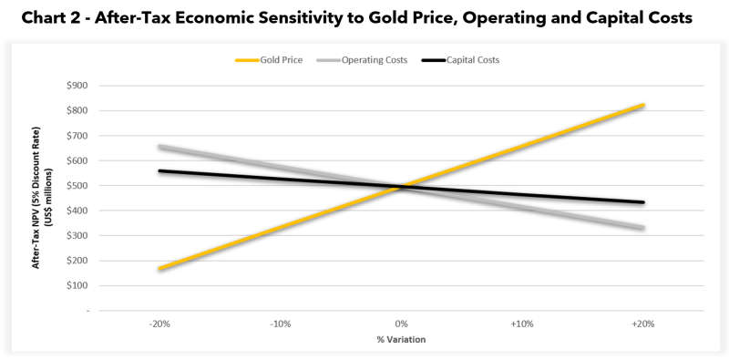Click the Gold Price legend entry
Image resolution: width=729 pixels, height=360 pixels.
coord(269,60)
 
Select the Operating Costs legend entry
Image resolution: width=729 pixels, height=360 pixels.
coord(362,60)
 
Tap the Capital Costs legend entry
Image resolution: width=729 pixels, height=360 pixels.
coord(460,60)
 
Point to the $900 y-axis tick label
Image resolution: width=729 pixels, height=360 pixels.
coord(78,86)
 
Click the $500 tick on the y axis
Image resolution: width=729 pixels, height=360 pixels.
coord(78,186)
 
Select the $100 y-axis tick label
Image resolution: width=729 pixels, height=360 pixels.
coord(78,285)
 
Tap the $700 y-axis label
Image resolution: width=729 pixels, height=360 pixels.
coord(78,136)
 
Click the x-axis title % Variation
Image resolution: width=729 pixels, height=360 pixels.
coord(401,340)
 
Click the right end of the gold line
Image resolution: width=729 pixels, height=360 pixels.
coord(643,105)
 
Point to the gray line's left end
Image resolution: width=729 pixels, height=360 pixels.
coord(160,147)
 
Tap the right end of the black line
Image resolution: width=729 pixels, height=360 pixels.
coord(643,202)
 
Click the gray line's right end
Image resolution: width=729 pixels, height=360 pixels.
coord(643,228)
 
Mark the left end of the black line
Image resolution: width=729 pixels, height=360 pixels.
coord(160,171)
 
